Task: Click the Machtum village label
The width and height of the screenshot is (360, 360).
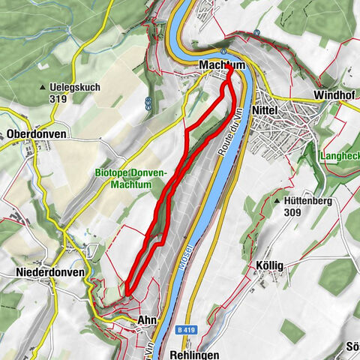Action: [x=222, y=66]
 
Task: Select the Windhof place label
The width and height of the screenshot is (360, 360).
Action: [x=333, y=97]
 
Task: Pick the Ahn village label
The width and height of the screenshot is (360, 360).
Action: [x=146, y=320]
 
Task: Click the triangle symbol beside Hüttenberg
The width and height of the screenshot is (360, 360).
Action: [x=278, y=202]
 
